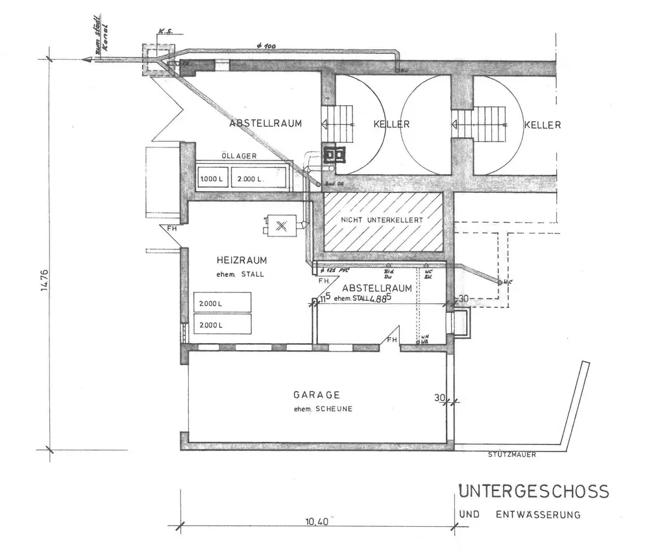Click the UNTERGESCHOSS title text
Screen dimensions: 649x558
click(x=534, y=491)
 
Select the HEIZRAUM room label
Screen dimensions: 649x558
click(x=242, y=260)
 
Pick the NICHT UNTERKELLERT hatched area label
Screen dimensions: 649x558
click(x=382, y=221)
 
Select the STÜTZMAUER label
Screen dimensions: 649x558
click(x=511, y=455)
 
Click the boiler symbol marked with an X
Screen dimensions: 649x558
click(x=281, y=226)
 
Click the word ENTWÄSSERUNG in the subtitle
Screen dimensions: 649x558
click(x=537, y=516)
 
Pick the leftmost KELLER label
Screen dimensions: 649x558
click(x=393, y=124)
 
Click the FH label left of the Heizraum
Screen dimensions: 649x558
click(x=171, y=229)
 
